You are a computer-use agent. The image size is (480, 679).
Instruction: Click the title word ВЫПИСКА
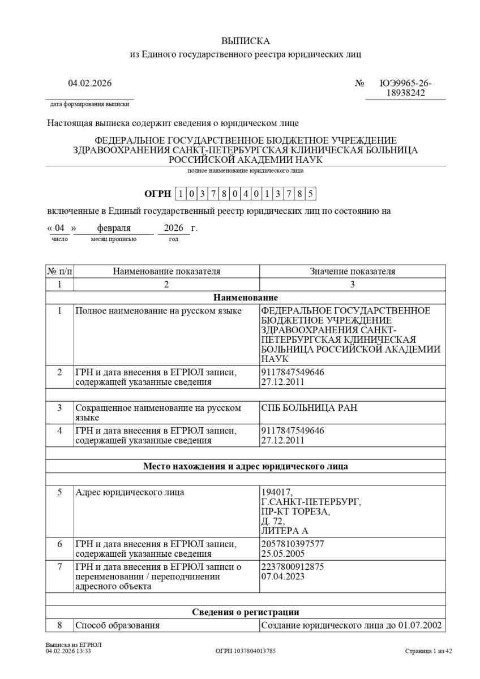click(x=245, y=41)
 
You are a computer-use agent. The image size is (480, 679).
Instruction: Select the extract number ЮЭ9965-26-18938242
click(x=405, y=88)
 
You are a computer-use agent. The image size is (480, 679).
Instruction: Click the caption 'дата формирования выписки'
click(x=89, y=104)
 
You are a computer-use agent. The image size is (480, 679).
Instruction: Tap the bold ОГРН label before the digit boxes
click(x=157, y=194)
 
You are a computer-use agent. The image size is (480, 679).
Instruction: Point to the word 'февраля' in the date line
click(x=114, y=229)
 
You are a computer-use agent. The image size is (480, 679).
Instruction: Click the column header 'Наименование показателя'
click(x=166, y=272)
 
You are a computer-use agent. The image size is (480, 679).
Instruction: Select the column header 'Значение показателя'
click(x=352, y=272)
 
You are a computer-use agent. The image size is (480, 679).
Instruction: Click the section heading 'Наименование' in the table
click(x=246, y=298)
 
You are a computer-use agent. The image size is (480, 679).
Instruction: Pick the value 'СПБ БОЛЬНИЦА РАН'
click(x=309, y=408)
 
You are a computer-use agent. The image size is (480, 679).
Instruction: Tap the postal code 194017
click(x=277, y=492)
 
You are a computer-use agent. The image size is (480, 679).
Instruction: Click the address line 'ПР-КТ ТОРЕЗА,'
click(x=295, y=512)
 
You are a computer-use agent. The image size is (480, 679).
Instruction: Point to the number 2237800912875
click(x=293, y=566)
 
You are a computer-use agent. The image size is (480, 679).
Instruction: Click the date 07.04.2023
click(x=282, y=576)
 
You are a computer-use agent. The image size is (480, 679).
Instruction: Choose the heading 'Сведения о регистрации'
click(x=246, y=612)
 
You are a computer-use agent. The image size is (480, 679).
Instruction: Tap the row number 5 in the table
click(x=59, y=492)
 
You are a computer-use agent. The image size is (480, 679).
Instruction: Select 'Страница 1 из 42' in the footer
click(x=428, y=651)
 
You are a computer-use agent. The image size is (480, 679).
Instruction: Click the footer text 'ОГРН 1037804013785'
click(x=246, y=651)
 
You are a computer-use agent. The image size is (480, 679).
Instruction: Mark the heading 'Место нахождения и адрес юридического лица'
click(x=246, y=467)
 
